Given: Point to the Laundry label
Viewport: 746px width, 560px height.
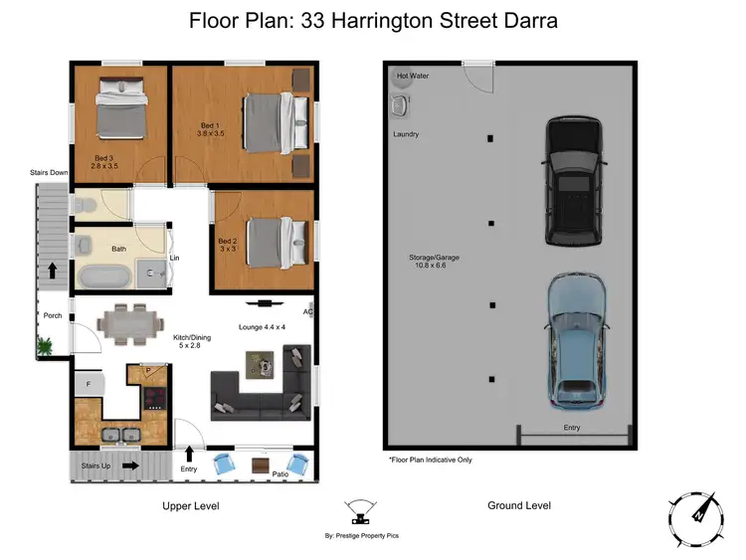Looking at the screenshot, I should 406,134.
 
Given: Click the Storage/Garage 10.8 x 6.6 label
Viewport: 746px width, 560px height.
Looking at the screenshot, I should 435,263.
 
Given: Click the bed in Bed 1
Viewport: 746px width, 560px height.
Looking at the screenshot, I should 268,122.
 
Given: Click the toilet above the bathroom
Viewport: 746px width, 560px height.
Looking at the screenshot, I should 87,206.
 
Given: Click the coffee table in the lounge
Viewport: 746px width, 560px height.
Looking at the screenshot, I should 262,369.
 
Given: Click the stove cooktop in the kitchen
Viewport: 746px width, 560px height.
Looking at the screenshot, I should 154,398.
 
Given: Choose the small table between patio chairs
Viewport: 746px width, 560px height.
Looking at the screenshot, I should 261,465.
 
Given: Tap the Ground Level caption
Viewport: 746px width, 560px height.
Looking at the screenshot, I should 518,505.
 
